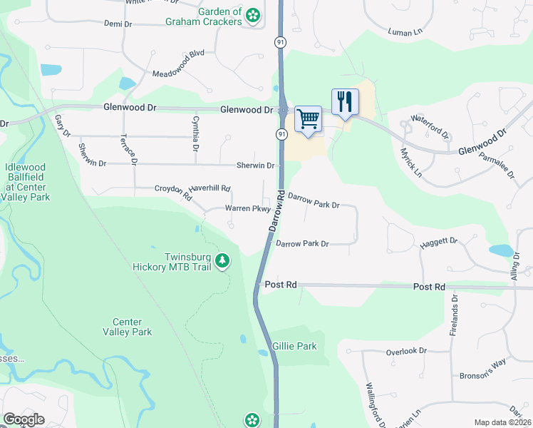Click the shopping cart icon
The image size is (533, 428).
click(308, 118)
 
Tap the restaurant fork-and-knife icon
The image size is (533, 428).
click(345, 101)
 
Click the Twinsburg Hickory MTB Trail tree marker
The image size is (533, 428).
click(223, 261)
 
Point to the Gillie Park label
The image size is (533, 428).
click(294, 346)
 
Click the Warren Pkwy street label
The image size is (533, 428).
click(247, 209)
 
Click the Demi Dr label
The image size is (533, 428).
click(118, 24)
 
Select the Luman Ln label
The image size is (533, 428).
click(405, 31)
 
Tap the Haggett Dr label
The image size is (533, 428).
click(438, 243)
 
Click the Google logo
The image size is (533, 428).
click(24, 420)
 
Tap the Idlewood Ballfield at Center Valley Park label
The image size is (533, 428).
click(27, 181)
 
